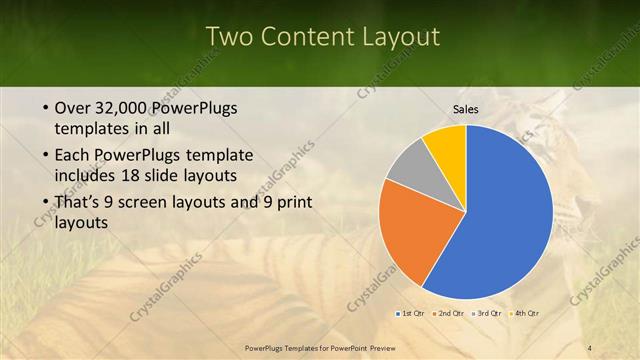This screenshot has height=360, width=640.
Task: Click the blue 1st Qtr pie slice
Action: pyautogui.click(x=505, y=215)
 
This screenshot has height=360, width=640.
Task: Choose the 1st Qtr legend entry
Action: pyautogui.click(x=409, y=314)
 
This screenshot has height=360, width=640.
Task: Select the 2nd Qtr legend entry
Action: pyautogui.click(x=448, y=314)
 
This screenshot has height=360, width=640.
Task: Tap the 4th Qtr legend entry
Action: pyautogui.click(x=525, y=314)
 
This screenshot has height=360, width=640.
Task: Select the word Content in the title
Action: pyautogui.click(x=303, y=37)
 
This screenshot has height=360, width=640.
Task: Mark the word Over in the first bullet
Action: pyautogui.click(x=74, y=108)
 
